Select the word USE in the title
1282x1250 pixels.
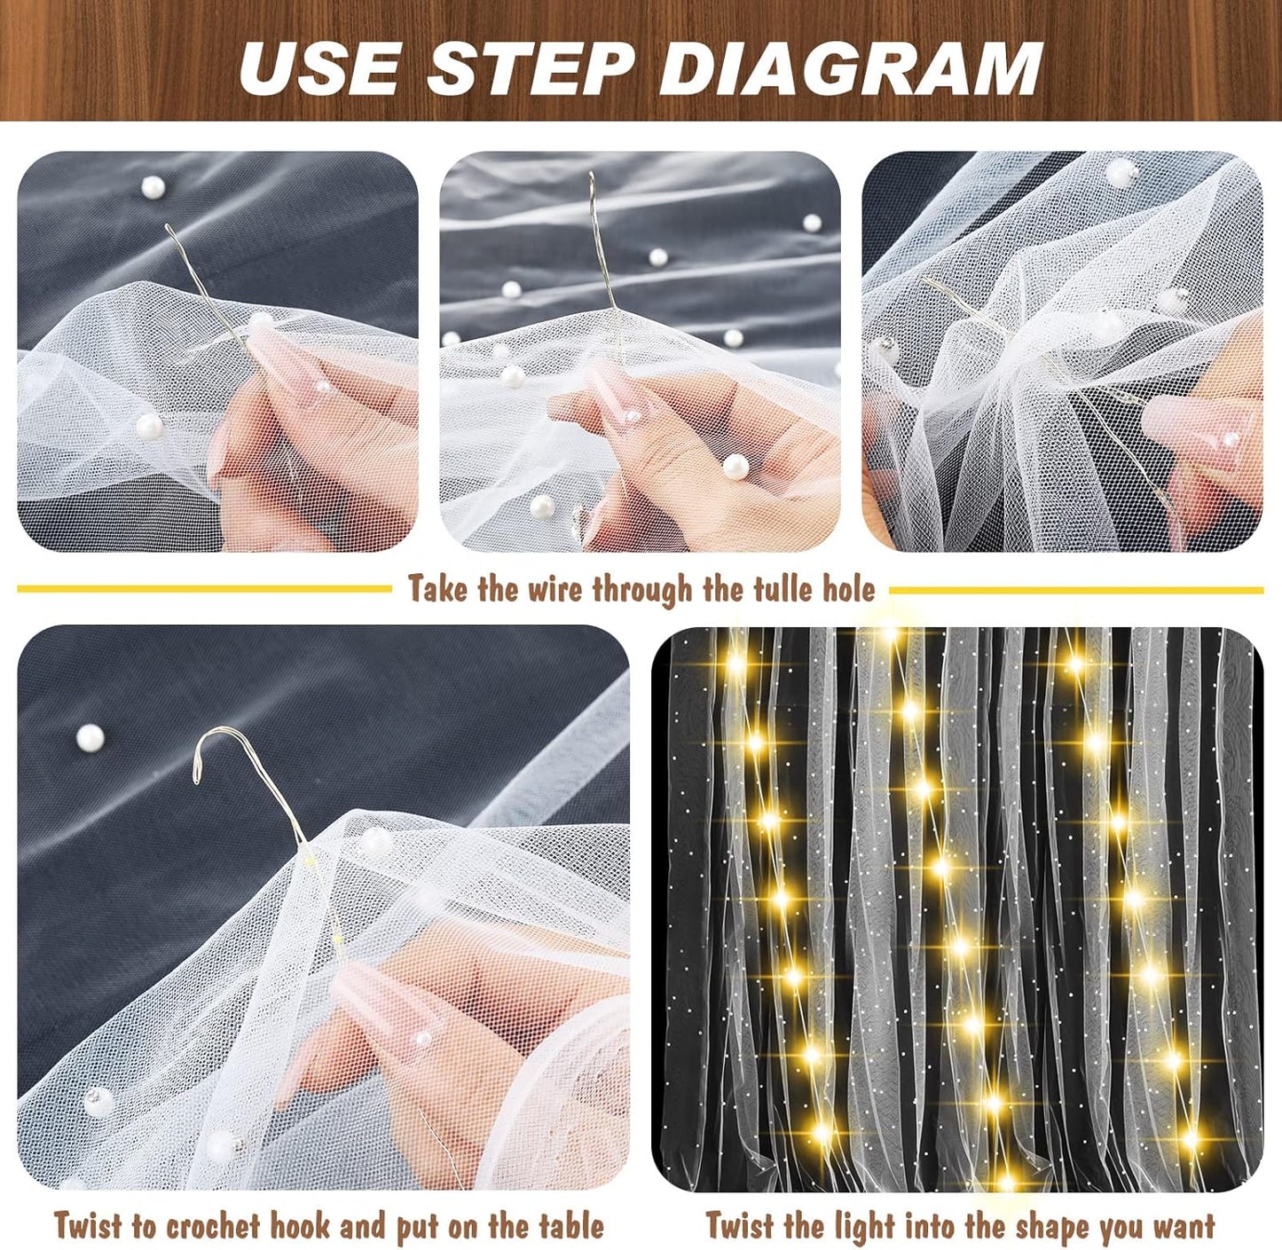point(319,68)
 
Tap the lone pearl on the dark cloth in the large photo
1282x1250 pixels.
point(90,737)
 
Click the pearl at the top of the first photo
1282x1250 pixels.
point(153,187)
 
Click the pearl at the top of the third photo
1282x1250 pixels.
point(1123,172)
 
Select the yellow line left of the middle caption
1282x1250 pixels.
point(204,588)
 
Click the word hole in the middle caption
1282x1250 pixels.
point(849,589)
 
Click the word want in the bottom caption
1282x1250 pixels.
point(1185,1227)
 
